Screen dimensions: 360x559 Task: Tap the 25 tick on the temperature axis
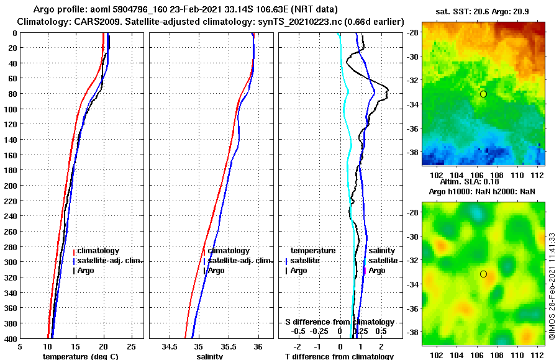click(131, 347)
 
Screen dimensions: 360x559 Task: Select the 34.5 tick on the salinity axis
click(170, 347)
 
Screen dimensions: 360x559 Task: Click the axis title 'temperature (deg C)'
click(80, 356)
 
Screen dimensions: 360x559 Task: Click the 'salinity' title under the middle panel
click(209, 356)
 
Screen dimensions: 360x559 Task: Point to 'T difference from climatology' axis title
click(339, 356)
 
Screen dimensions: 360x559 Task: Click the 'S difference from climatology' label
click(340, 322)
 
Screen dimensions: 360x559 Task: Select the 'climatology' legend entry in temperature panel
click(98, 251)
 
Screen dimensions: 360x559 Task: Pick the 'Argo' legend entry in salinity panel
click(216, 271)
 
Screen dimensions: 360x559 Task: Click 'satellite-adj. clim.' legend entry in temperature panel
click(110, 261)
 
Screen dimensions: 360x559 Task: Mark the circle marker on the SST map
click(483, 94)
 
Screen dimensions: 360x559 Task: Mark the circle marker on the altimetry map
click(483, 274)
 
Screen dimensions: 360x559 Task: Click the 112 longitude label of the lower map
click(539, 355)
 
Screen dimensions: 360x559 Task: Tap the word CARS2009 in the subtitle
click(91, 22)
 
